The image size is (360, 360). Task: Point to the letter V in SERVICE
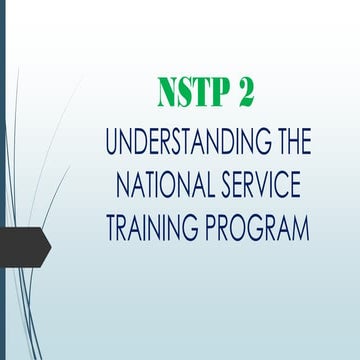[269, 188]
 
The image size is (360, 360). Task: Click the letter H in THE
[290, 142]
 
